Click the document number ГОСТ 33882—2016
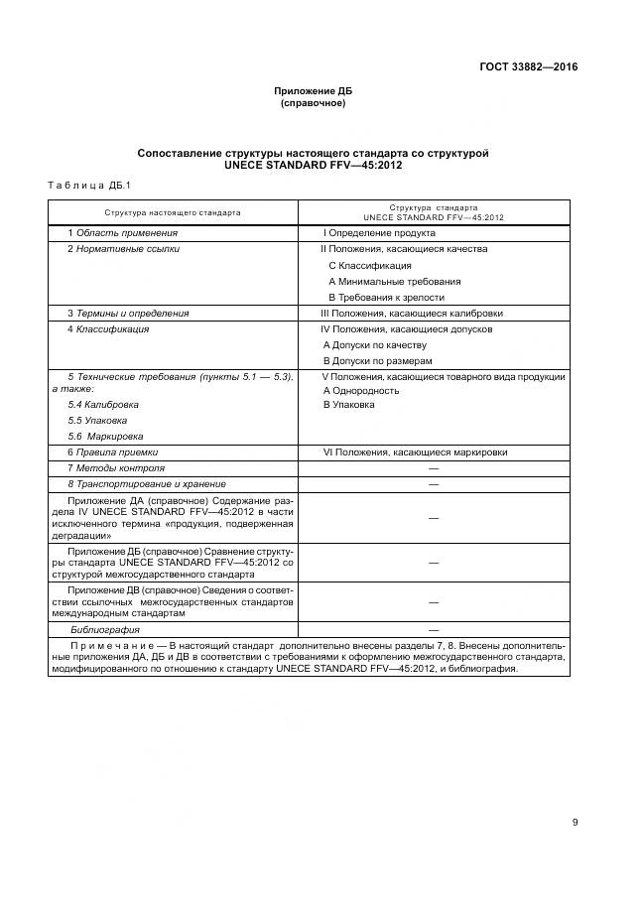(x=526, y=67)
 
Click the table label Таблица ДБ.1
(x=82, y=186)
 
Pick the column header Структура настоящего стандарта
(x=173, y=212)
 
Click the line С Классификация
(x=369, y=265)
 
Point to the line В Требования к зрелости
(x=386, y=297)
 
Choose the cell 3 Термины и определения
(x=128, y=313)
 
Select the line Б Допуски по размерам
(x=378, y=360)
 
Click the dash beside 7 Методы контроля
(x=433, y=467)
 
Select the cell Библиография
(x=104, y=629)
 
